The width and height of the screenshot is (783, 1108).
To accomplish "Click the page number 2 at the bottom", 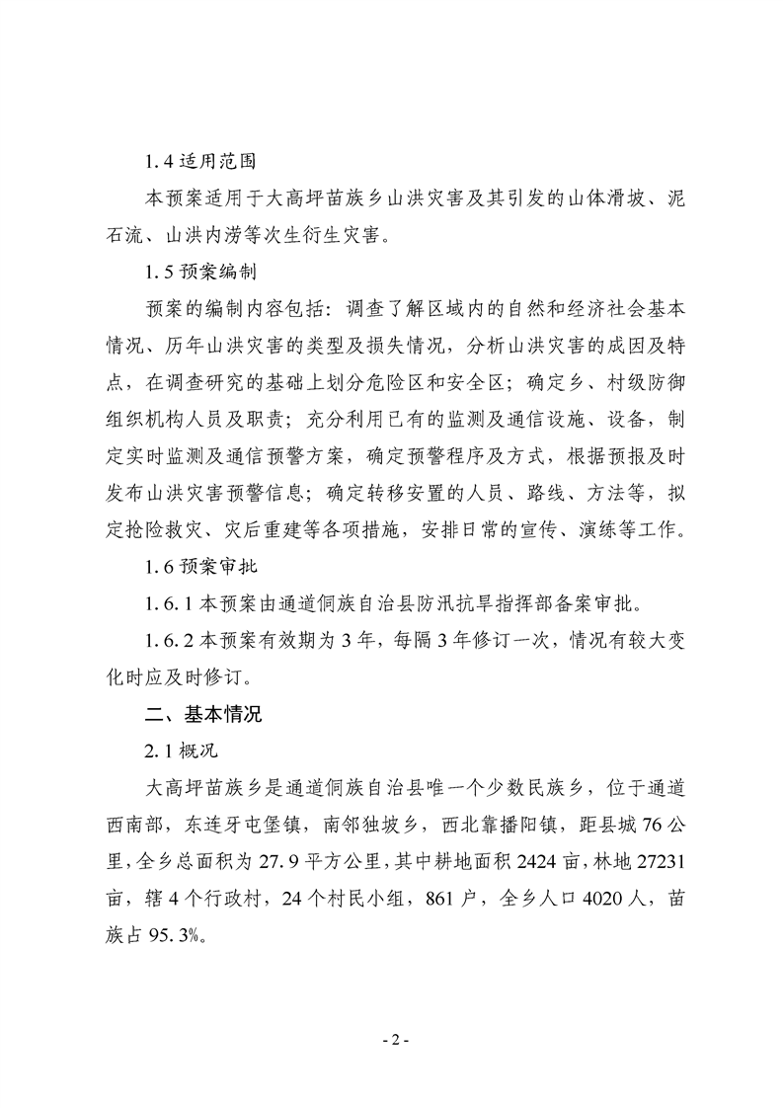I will click(x=392, y=1041).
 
